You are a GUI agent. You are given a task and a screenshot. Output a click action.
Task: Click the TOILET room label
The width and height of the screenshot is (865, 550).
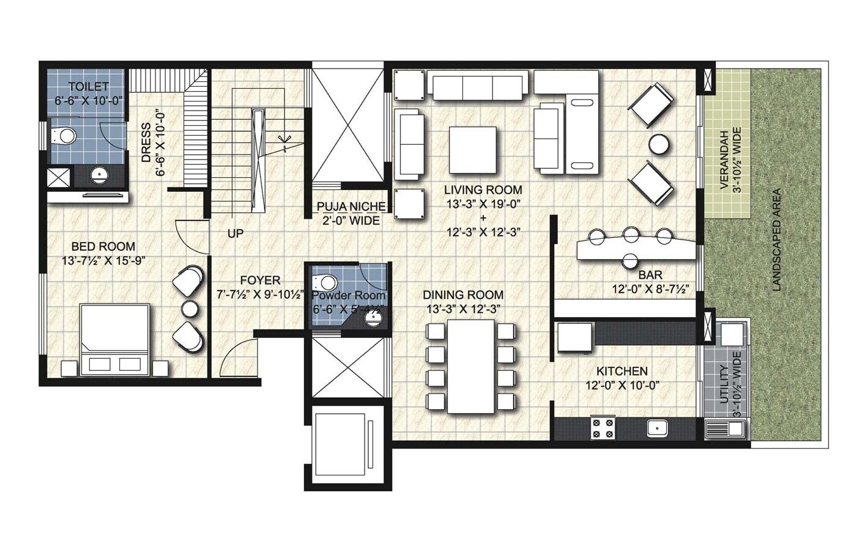click(88, 87)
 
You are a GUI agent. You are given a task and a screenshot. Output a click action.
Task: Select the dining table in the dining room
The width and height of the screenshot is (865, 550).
click(471, 365)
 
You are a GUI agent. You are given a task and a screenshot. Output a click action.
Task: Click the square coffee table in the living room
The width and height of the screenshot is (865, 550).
click(472, 150)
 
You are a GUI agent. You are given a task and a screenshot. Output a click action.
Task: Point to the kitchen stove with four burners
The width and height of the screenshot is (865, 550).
click(603, 428)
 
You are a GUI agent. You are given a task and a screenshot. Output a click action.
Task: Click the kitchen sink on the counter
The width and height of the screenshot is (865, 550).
click(658, 428)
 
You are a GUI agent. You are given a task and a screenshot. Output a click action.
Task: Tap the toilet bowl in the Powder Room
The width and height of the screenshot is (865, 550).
click(325, 282)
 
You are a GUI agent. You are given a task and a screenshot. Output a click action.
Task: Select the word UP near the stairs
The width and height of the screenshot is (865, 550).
click(236, 233)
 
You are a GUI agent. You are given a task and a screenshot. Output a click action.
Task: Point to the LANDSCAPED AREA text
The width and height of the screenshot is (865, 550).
click(776, 240)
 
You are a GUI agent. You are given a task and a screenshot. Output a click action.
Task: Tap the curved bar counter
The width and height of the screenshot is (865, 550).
click(636, 249)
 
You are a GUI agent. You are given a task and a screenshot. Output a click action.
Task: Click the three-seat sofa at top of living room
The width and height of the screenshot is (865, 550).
click(477, 86)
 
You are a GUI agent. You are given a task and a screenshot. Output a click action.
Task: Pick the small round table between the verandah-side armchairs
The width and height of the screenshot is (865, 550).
click(659, 144)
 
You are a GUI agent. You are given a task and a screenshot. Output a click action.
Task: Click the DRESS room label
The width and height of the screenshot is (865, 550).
click(146, 143)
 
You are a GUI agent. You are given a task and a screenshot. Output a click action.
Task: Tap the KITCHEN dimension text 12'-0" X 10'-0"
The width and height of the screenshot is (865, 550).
click(622, 386)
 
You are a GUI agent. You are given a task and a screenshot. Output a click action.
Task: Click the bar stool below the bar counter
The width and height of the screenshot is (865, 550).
click(629, 262)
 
